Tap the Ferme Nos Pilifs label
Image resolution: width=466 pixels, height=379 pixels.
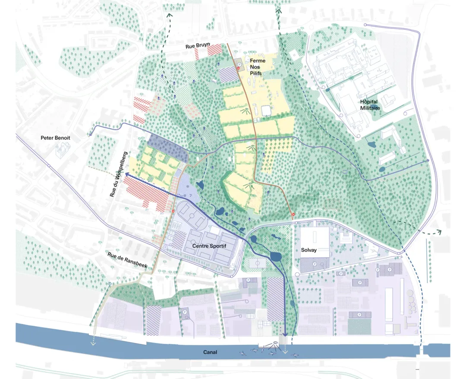258,67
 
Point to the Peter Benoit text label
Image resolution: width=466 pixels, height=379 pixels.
55,138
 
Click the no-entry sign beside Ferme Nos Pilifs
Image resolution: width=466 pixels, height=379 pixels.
239,67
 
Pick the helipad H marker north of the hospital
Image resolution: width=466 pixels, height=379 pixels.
293,55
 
